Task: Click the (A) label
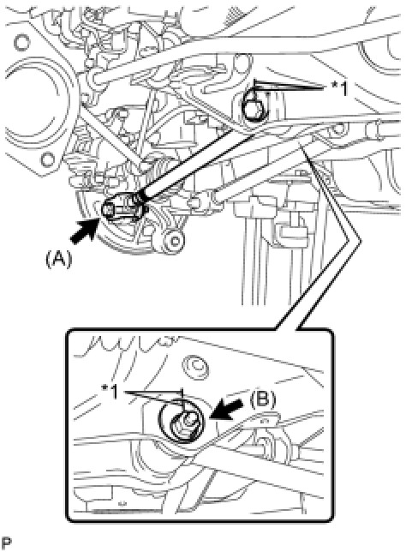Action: pos(59,260)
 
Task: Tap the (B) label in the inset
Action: pos(263,399)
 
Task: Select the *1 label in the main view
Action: pos(339,89)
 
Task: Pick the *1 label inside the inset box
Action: pos(110,392)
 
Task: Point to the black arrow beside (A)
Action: pos(84,231)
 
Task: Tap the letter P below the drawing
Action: pos(6,543)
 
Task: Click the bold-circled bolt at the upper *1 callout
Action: pos(254,107)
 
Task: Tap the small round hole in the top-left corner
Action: pos(22,43)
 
